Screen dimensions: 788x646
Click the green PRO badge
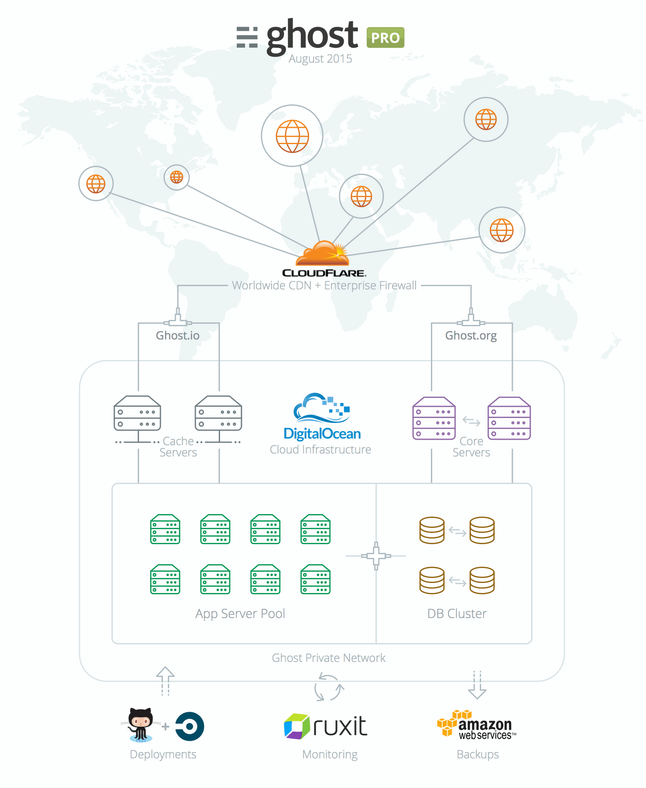click(385, 38)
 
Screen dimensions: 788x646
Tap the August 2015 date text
click(320, 59)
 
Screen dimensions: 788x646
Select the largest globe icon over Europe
click(292, 136)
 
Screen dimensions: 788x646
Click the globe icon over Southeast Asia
click(502, 230)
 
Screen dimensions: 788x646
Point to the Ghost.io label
click(177, 336)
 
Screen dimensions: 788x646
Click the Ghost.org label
click(471, 336)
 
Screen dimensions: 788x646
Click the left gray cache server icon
click(137, 413)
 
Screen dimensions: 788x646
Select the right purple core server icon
click(509, 418)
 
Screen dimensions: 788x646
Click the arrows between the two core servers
click(471, 421)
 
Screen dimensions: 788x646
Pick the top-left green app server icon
click(165, 529)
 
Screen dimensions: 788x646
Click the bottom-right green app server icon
click(315, 579)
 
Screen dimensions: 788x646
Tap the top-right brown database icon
click(482, 530)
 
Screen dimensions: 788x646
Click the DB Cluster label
click(457, 613)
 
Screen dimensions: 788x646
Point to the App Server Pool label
click(240, 613)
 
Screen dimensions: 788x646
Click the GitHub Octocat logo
click(141, 725)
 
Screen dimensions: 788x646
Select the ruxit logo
click(326, 727)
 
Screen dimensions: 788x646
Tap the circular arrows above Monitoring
click(329, 687)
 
